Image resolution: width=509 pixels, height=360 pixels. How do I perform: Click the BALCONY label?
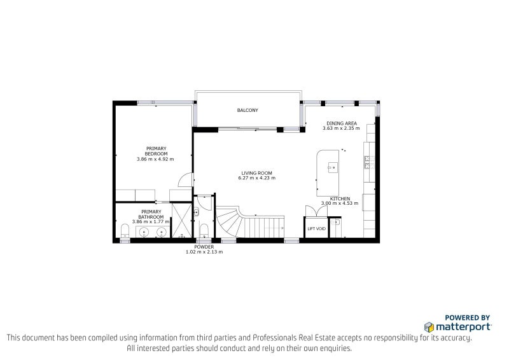(x=248, y=111)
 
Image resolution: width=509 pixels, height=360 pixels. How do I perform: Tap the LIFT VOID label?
(x=316, y=229)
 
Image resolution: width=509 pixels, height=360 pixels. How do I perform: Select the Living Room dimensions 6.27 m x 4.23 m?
(x=257, y=178)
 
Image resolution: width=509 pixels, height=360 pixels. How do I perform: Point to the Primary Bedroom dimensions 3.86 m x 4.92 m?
(x=155, y=159)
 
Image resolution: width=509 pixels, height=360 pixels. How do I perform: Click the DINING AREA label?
(x=342, y=123)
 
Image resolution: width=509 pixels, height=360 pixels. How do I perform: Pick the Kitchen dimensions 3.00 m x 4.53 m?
(x=340, y=203)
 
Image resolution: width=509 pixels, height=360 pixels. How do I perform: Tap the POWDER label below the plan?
(x=204, y=247)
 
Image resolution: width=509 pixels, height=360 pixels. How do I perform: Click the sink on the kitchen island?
(x=333, y=167)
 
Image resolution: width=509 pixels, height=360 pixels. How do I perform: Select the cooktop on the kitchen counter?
(x=367, y=162)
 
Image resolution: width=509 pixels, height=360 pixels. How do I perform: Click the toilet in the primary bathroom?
(x=125, y=231)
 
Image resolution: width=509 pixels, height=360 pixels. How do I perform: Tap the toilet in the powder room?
(x=204, y=231)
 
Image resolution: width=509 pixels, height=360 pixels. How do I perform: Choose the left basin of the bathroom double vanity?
(x=144, y=232)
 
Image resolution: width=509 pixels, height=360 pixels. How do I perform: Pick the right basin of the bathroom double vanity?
(x=162, y=232)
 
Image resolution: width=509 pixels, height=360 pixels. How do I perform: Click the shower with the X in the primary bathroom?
(x=182, y=221)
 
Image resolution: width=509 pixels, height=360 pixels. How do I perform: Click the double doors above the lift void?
(x=316, y=211)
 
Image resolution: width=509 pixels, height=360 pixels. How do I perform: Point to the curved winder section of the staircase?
(x=230, y=223)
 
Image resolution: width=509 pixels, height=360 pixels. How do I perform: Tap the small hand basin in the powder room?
(x=196, y=213)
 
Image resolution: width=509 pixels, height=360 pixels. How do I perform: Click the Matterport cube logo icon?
(x=429, y=327)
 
